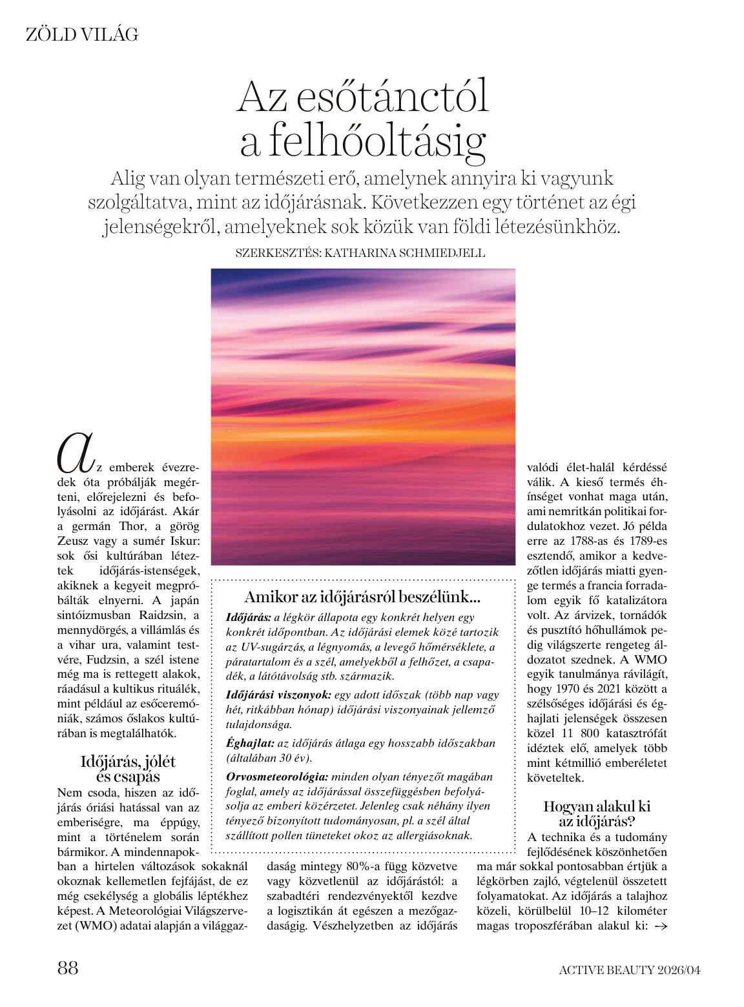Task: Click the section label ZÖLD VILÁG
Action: pyautogui.click(x=82, y=35)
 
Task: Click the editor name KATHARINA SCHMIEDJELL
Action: pyautogui.click(x=404, y=254)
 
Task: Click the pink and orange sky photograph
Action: pyautogui.click(x=363, y=416)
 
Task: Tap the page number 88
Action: pyautogui.click(x=68, y=968)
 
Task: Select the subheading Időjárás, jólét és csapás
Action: pyautogui.click(x=128, y=769)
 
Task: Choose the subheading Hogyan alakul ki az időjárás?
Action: pyautogui.click(x=597, y=813)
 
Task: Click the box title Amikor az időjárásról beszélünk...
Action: pyautogui.click(x=362, y=597)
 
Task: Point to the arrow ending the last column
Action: pyautogui.click(x=660, y=926)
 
